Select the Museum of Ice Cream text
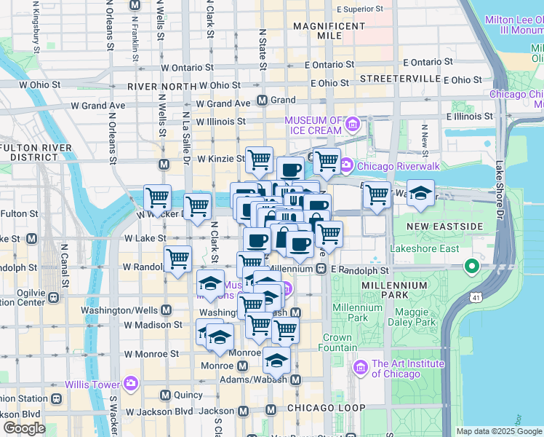coord(313,125)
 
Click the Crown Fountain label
coord(337,342)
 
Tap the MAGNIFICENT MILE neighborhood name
coord(329,31)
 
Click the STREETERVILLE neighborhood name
coord(400,78)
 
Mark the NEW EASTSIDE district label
coord(444,227)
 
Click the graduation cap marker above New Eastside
coord(420,194)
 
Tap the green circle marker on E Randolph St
coord(472,267)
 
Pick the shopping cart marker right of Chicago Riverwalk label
coord(377,195)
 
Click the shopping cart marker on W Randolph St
coord(178,259)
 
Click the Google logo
coord(24,428)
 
